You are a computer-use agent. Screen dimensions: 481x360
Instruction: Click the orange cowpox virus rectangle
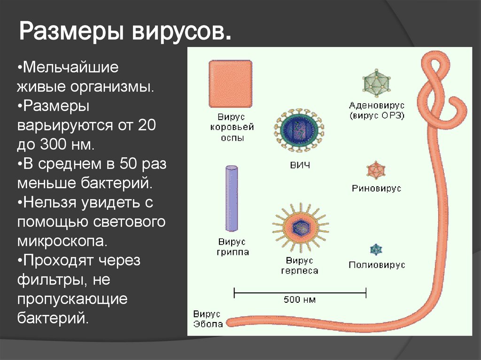[x=230, y=84]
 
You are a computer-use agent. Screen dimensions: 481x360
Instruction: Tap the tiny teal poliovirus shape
[x=376, y=250]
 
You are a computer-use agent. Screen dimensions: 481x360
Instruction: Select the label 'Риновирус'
[x=377, y=189]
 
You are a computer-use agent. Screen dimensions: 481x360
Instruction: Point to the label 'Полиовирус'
[x=377, y=265]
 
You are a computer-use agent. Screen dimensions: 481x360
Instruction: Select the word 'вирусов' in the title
[x=181, y=34]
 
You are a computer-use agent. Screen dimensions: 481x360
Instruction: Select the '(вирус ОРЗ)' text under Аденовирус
[x=377, y=115]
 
